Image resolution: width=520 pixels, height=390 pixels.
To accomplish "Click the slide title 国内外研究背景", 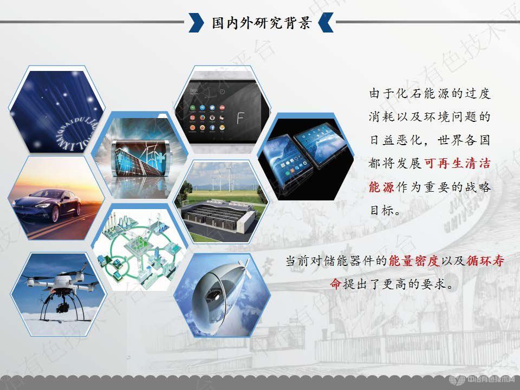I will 261,23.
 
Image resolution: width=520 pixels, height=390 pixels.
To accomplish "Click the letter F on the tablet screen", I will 243,117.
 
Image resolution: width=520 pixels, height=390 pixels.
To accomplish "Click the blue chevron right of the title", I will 326,23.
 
